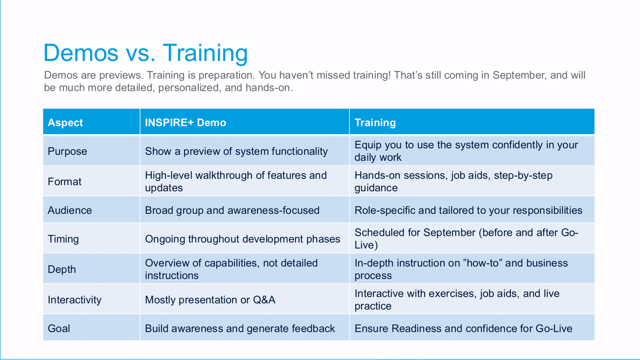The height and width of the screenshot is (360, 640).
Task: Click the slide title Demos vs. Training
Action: (145, 53)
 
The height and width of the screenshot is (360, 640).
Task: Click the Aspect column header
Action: (65, 122)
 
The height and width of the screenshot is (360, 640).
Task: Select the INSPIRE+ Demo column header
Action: (185, 122)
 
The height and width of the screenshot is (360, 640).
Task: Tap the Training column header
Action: (375, 122)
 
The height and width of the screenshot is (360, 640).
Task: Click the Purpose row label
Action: (67, 151)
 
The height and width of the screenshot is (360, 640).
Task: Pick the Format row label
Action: (64, 181)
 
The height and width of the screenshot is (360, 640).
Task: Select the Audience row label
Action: (70, 210)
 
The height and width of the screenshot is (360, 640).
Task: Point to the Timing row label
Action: (63, 239)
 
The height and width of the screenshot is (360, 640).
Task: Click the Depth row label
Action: (62, 269)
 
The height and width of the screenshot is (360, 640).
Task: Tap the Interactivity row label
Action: (74, 300)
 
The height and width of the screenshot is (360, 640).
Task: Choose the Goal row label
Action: (59, 329)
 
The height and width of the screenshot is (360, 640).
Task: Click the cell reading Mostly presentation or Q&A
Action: (210, 300)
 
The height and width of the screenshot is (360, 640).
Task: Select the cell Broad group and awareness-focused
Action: (232, 210)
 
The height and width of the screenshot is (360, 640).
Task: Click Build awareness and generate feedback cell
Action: (240, 329)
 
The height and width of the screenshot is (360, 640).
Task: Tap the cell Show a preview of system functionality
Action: (236, 151)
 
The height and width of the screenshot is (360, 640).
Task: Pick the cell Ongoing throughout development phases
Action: (242, 239)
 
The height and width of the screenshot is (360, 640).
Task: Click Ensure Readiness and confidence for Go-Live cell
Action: (463, 329)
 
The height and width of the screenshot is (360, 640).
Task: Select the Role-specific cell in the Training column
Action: (468, 210)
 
